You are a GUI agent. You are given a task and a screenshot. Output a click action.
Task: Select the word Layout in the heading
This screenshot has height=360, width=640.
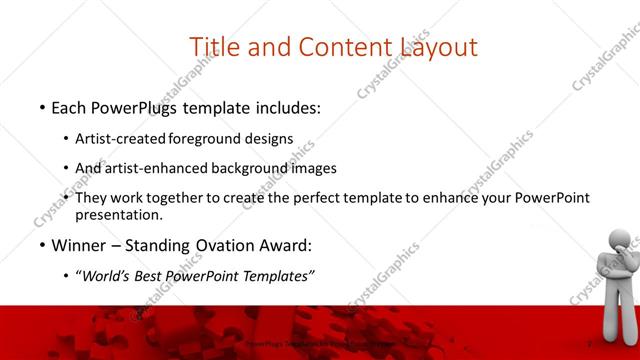[438, 47]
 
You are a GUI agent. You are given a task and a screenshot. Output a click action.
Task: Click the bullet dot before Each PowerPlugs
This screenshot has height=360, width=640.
[42, 107]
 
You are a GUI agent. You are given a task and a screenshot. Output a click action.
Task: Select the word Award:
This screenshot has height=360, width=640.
[282, 245]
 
